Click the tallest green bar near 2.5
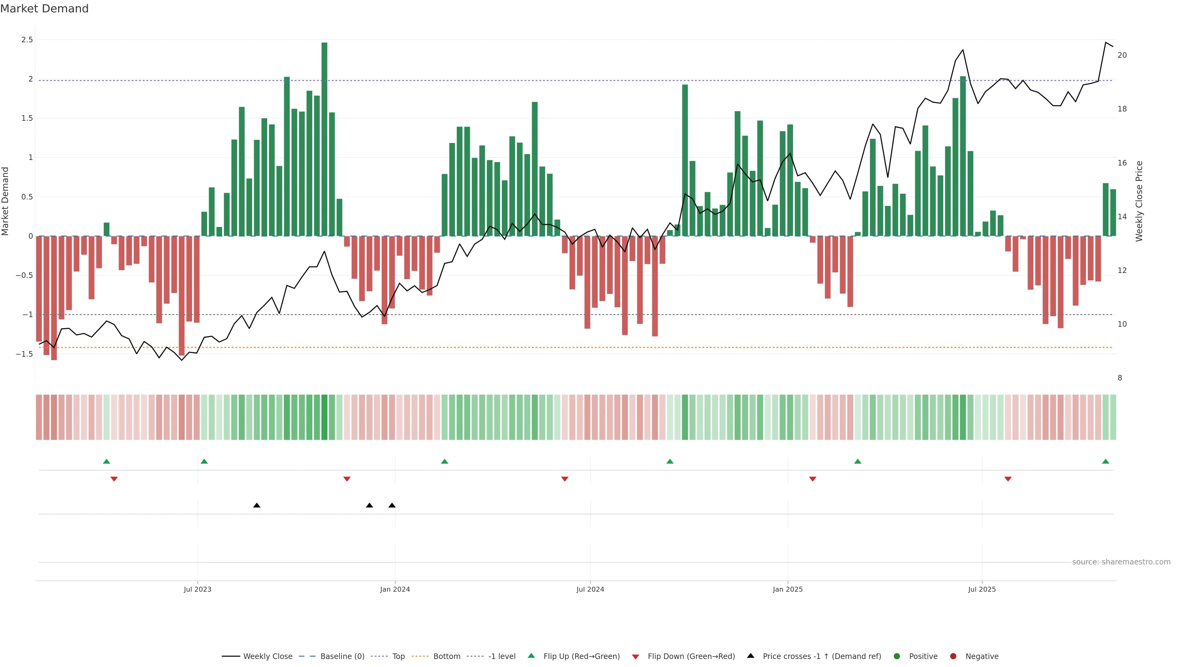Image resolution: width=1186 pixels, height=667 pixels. point(324,138)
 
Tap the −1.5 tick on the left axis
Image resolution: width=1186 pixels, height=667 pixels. point(24,354)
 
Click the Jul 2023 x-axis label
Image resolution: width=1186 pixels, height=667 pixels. point(198,589)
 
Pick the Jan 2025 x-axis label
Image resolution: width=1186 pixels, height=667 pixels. point(787,589)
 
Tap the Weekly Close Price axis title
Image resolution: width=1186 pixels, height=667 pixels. point(1139,201)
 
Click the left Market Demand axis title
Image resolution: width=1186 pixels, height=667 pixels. point(6,201)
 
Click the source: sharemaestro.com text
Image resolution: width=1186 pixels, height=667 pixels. point(1121,562)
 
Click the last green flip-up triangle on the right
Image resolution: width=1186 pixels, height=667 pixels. point(1105,461)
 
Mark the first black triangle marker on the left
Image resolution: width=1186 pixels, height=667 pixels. point(257,505)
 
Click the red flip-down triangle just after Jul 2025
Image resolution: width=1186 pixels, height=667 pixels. point(1008,479)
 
